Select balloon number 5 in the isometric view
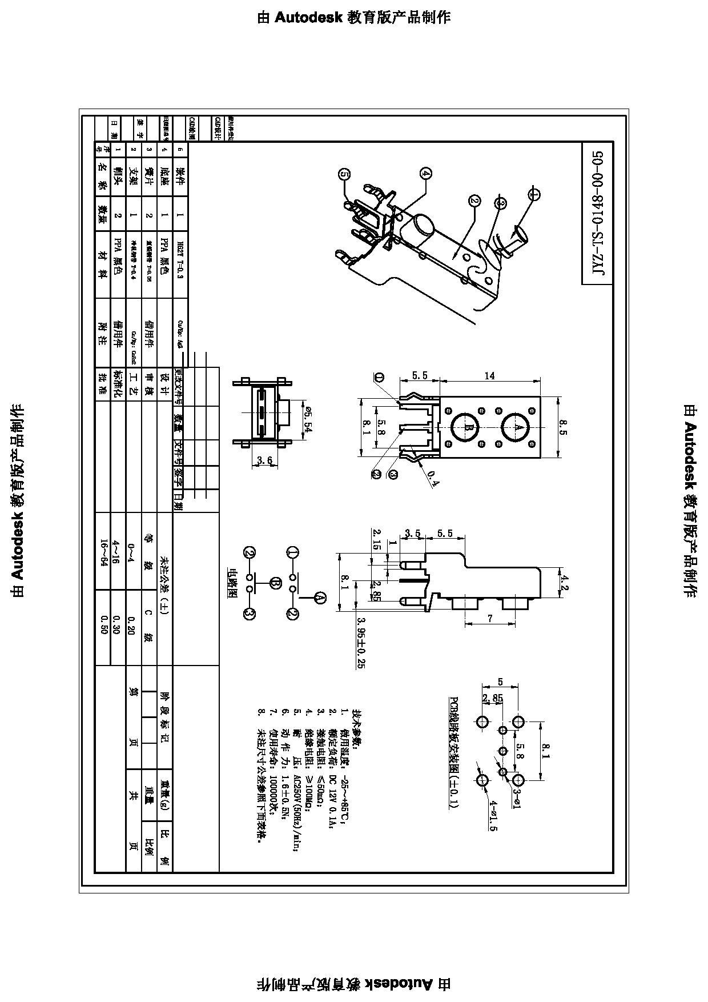[344, 175]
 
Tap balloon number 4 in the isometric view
[427, 174]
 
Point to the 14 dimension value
[489, 376]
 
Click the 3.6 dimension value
[264, 460]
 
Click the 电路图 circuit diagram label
[232, 582]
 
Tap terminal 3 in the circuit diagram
[250, 614]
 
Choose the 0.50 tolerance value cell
[103, 624]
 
